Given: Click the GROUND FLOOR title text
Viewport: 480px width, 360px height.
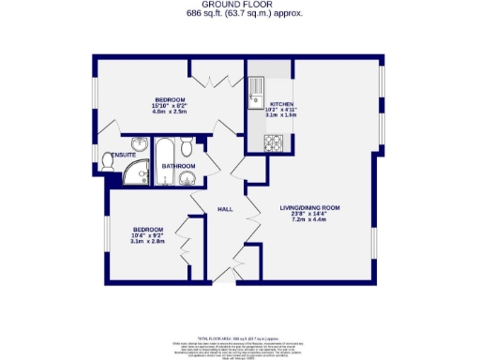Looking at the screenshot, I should [x=239, y=5].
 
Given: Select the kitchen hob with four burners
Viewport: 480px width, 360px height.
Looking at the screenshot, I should [x=276, y=142].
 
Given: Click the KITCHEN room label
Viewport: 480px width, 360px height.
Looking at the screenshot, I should [x=282, y=104].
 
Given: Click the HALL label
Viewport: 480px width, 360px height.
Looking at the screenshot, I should [x=225, y=209].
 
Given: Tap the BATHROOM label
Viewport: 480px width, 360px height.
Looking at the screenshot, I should [x=178, y=166].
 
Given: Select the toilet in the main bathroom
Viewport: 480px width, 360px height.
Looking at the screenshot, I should [x=188, y=146].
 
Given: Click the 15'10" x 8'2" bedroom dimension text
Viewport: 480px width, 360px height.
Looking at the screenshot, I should [x=170, y=107].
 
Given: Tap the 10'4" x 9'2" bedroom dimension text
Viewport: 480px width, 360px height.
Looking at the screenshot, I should [x=147, y=235].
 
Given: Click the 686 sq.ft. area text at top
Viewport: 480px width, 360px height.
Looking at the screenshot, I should [x=239, y=14].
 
